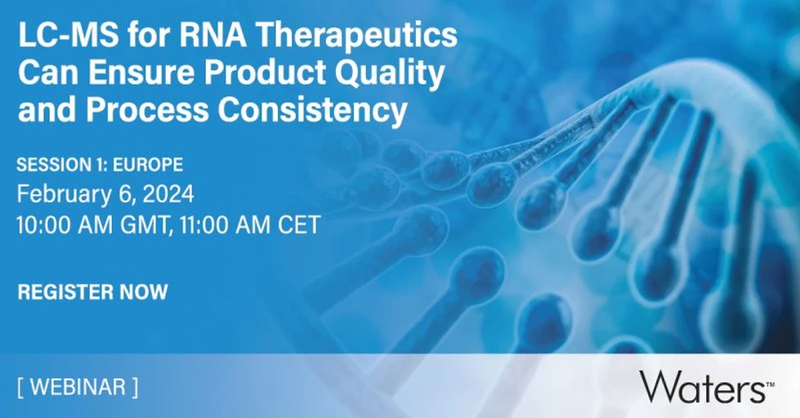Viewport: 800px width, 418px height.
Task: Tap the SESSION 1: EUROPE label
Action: tap(100, 165)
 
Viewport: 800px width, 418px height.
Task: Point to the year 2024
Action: tap(168, 195)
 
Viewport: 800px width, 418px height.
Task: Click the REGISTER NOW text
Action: tap(92, 291)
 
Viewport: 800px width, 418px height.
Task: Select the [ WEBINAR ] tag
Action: tap(77, 386)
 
